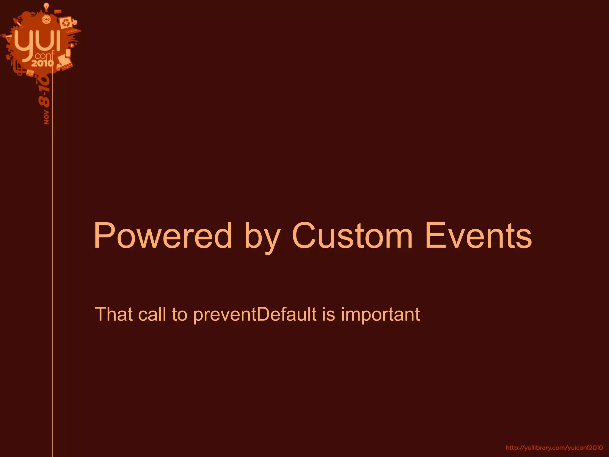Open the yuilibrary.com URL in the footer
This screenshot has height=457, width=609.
[554, 447]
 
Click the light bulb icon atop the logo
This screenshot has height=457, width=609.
[46, 7]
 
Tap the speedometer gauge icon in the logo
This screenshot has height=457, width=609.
[46, 20]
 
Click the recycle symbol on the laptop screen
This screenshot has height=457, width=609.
[65, 23]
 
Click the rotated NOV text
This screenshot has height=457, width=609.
[46, 117]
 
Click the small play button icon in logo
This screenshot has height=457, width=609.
[72, 46]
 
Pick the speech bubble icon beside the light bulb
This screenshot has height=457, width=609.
[57, 12]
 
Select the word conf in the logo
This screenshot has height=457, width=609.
[45, 56]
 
